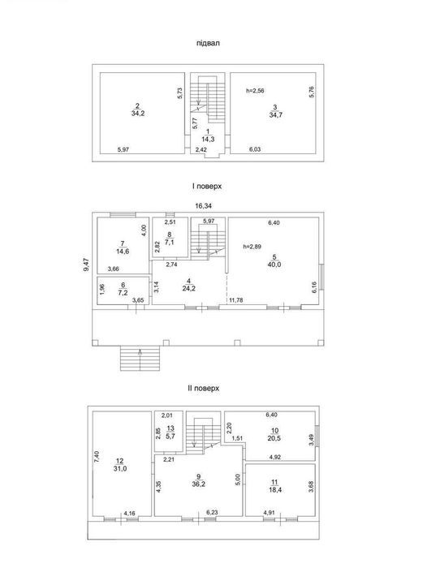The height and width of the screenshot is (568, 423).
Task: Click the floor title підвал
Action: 208,43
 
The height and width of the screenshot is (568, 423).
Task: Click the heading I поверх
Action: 207,187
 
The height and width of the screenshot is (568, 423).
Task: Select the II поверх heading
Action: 204,389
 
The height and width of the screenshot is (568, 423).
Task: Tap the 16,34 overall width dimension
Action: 203,206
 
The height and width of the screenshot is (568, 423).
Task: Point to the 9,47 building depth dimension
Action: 86,264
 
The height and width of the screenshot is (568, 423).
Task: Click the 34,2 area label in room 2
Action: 138,114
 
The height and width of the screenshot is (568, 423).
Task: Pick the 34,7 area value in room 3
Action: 276,115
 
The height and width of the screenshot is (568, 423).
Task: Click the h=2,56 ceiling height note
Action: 255,91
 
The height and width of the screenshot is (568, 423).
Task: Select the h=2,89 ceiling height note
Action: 253,247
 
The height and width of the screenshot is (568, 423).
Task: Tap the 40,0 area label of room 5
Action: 274,265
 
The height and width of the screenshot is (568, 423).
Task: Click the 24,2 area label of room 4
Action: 189,288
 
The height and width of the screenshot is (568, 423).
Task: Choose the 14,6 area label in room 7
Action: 123,251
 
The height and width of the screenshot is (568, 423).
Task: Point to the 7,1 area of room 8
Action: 169,243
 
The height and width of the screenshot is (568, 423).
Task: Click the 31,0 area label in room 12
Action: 120,469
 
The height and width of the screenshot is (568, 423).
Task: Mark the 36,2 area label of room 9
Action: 198,484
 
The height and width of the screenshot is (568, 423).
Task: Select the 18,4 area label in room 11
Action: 275,490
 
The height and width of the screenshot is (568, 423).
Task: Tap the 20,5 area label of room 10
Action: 274,438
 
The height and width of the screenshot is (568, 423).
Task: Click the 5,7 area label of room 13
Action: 170,437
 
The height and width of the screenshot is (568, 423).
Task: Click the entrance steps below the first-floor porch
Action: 140,359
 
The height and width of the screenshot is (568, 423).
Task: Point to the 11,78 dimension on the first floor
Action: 236,300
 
